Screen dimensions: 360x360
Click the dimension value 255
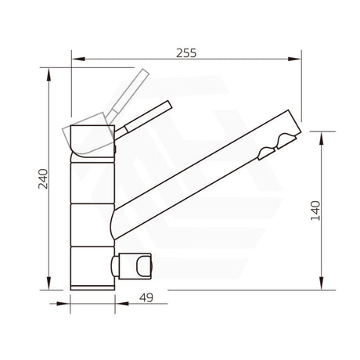(185, 53)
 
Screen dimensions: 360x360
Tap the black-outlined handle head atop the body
(92, 138)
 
